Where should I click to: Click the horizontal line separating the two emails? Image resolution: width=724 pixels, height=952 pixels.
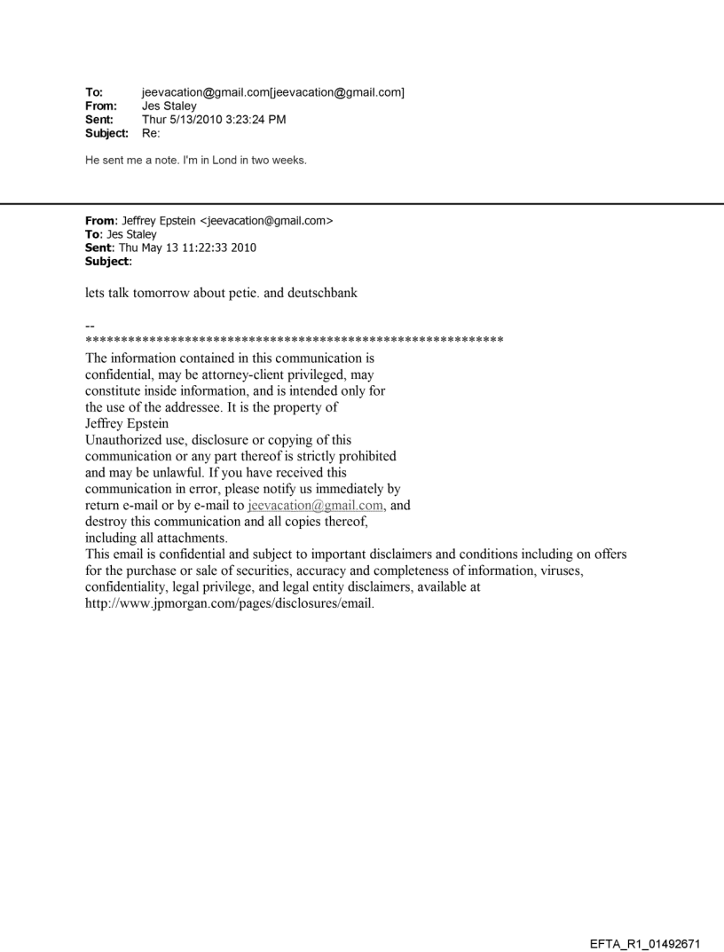pyautogui.click(x=362, y=204)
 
